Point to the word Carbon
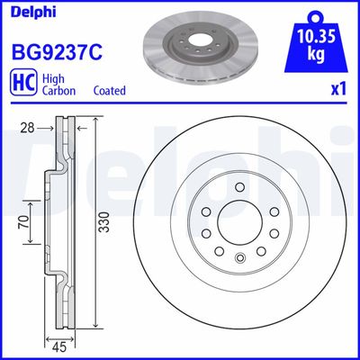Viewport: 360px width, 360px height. click(59, 91)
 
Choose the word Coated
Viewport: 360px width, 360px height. click(109, 91)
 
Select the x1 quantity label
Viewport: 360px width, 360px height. click(339, 90)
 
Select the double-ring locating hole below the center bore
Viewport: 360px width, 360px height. click(239, 261)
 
